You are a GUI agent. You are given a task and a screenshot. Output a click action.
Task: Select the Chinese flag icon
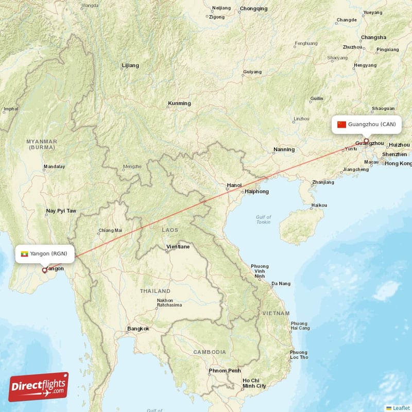[x=341, y=124]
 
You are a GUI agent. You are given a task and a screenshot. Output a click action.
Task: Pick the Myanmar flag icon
[x=24, y=253]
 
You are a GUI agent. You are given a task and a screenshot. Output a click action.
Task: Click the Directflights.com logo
[x=39, y=387]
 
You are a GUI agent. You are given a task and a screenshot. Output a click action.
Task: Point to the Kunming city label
[x=179, y=104]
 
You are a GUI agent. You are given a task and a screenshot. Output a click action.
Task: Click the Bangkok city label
[x=138, y=329]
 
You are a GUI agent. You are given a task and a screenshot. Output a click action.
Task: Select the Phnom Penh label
[x=225, y=371]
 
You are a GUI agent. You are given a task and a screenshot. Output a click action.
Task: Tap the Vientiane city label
[x=178, y=247]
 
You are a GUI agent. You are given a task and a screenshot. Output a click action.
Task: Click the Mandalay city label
[x=54, y=167]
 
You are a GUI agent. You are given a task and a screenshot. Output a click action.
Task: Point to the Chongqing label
[x=253, y=9]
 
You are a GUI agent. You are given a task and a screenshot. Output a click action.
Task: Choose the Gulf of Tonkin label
[x=264, y=220]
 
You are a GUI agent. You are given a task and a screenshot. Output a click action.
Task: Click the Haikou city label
[x=319, y=205]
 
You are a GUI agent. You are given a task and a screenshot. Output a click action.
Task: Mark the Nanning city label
[x=284, y=150]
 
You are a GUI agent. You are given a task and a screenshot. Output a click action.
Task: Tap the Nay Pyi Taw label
[x=61, y=211]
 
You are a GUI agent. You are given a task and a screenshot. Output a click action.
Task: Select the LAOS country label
[x=169, y=230]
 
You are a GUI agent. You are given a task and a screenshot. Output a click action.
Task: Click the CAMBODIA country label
[x=209, y=352]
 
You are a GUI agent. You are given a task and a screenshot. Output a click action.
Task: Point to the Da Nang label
[x=281, y=284]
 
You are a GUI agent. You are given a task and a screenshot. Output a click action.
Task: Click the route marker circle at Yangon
[x=44, y=269]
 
